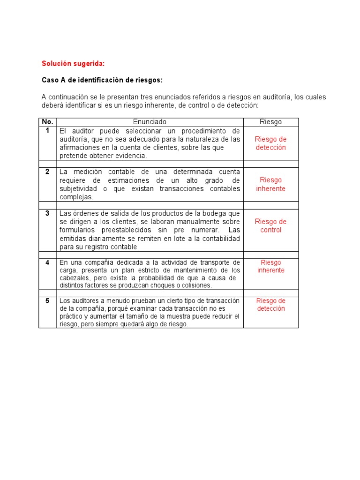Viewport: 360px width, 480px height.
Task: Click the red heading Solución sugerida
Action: tap(73, 63)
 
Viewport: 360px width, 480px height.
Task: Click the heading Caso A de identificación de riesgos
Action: tap(102, 80)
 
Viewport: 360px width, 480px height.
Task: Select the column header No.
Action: tap(47, 122)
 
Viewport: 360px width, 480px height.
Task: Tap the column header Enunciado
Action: tap(150, 122)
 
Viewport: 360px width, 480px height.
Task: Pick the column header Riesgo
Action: tap(270, 122)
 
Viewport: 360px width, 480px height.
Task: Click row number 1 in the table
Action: tap(47, 130)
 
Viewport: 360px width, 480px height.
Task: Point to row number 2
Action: tap(47, 172)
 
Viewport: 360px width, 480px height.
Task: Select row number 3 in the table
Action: tap(47, 213)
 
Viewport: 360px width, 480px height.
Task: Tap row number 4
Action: tap(47, 262)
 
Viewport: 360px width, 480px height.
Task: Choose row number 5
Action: tap(47, 300)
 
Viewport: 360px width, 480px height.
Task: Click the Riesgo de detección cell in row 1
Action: tap(270, 143)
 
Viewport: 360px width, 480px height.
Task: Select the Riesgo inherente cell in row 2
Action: tap(270, 184)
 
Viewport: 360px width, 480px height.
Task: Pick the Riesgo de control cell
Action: tap(270, 225)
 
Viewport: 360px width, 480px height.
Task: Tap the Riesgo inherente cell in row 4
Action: tap(270, 266)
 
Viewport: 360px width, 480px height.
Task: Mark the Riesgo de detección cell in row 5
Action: tap(270, 305)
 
